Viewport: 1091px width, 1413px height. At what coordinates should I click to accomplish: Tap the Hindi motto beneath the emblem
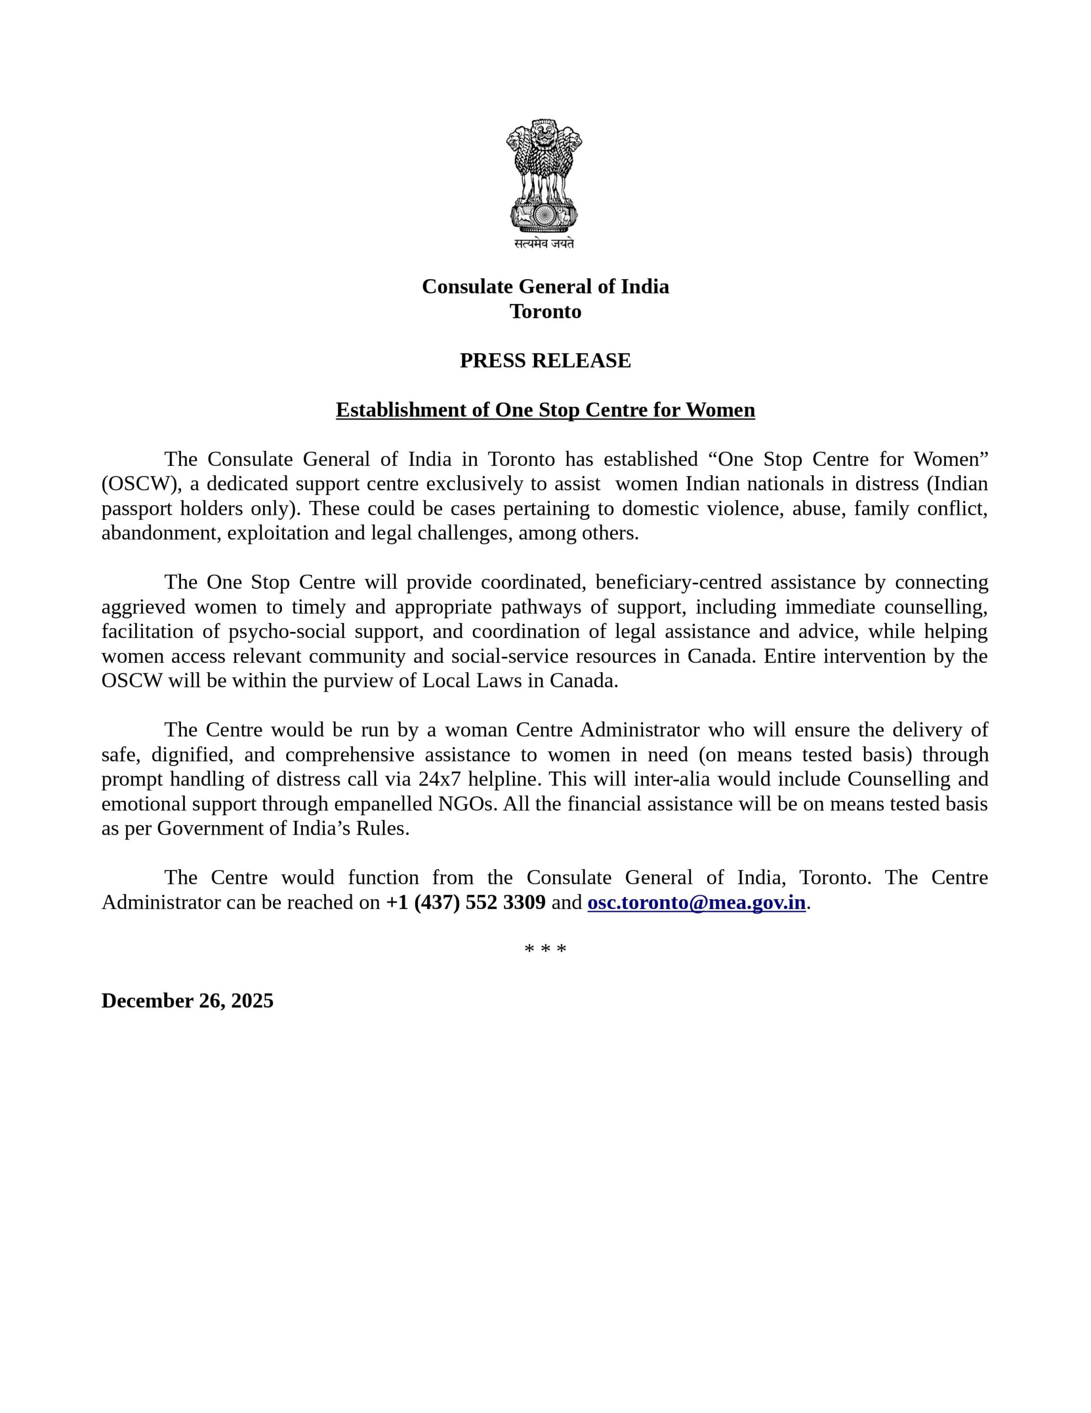click(x=544, y=243)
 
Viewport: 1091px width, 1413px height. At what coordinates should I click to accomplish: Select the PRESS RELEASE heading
click(x=545, y=360)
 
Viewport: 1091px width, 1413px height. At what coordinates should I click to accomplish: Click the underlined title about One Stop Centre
click(x=545, y=410)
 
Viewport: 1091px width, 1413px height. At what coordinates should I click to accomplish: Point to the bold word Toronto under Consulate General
click(x=545, y=311)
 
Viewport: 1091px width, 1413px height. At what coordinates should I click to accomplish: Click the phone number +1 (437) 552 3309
click(x=466, y=902)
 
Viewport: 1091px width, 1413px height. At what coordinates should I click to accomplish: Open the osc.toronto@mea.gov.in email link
click(x=696, y=902)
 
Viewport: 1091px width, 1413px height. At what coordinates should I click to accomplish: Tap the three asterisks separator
click(x=545, y=950)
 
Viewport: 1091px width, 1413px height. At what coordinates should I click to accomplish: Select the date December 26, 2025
click(x=188, y=1000)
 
